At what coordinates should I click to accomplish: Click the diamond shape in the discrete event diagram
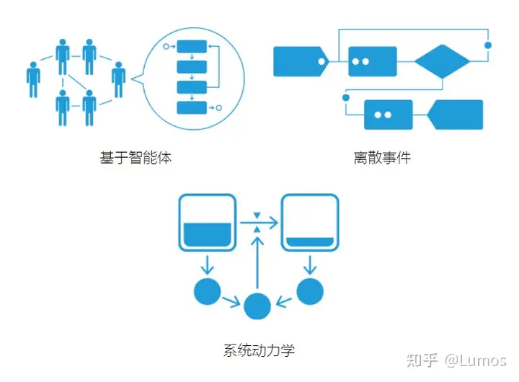(x=442, y=61)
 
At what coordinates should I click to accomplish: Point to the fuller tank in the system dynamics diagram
(x=207, y=223)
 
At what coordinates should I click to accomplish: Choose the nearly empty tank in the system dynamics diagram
(x=310, y=223)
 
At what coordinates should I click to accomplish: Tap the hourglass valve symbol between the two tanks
(x=258, y=222)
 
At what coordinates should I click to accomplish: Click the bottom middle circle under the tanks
(x=258, y=305)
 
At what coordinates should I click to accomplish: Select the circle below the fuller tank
(x=207, y=290)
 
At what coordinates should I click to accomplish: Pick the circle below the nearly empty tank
(x=311, y=290)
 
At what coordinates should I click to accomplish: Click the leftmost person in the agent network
(x=33, y=79)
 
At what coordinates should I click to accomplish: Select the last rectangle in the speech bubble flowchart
(x=192, y=107)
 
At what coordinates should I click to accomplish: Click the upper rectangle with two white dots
(x=372, y=61)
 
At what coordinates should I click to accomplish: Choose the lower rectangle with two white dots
(x=388, y=115)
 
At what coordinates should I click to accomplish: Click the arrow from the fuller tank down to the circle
(x=207, y=262)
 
